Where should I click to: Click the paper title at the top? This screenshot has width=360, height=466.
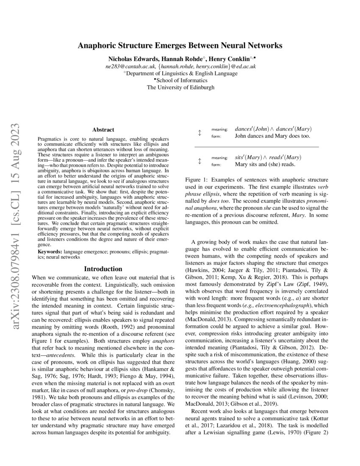click(180, 45)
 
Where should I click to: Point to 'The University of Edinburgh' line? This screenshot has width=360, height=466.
click(180, 88)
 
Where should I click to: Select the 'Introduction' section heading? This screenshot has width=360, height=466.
click(103, 269)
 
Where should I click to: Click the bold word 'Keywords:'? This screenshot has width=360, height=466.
click(50, 252)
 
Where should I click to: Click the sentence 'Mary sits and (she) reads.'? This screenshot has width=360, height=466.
click(265, 164)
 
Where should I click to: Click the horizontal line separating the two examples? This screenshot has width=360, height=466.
click(256, 147)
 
